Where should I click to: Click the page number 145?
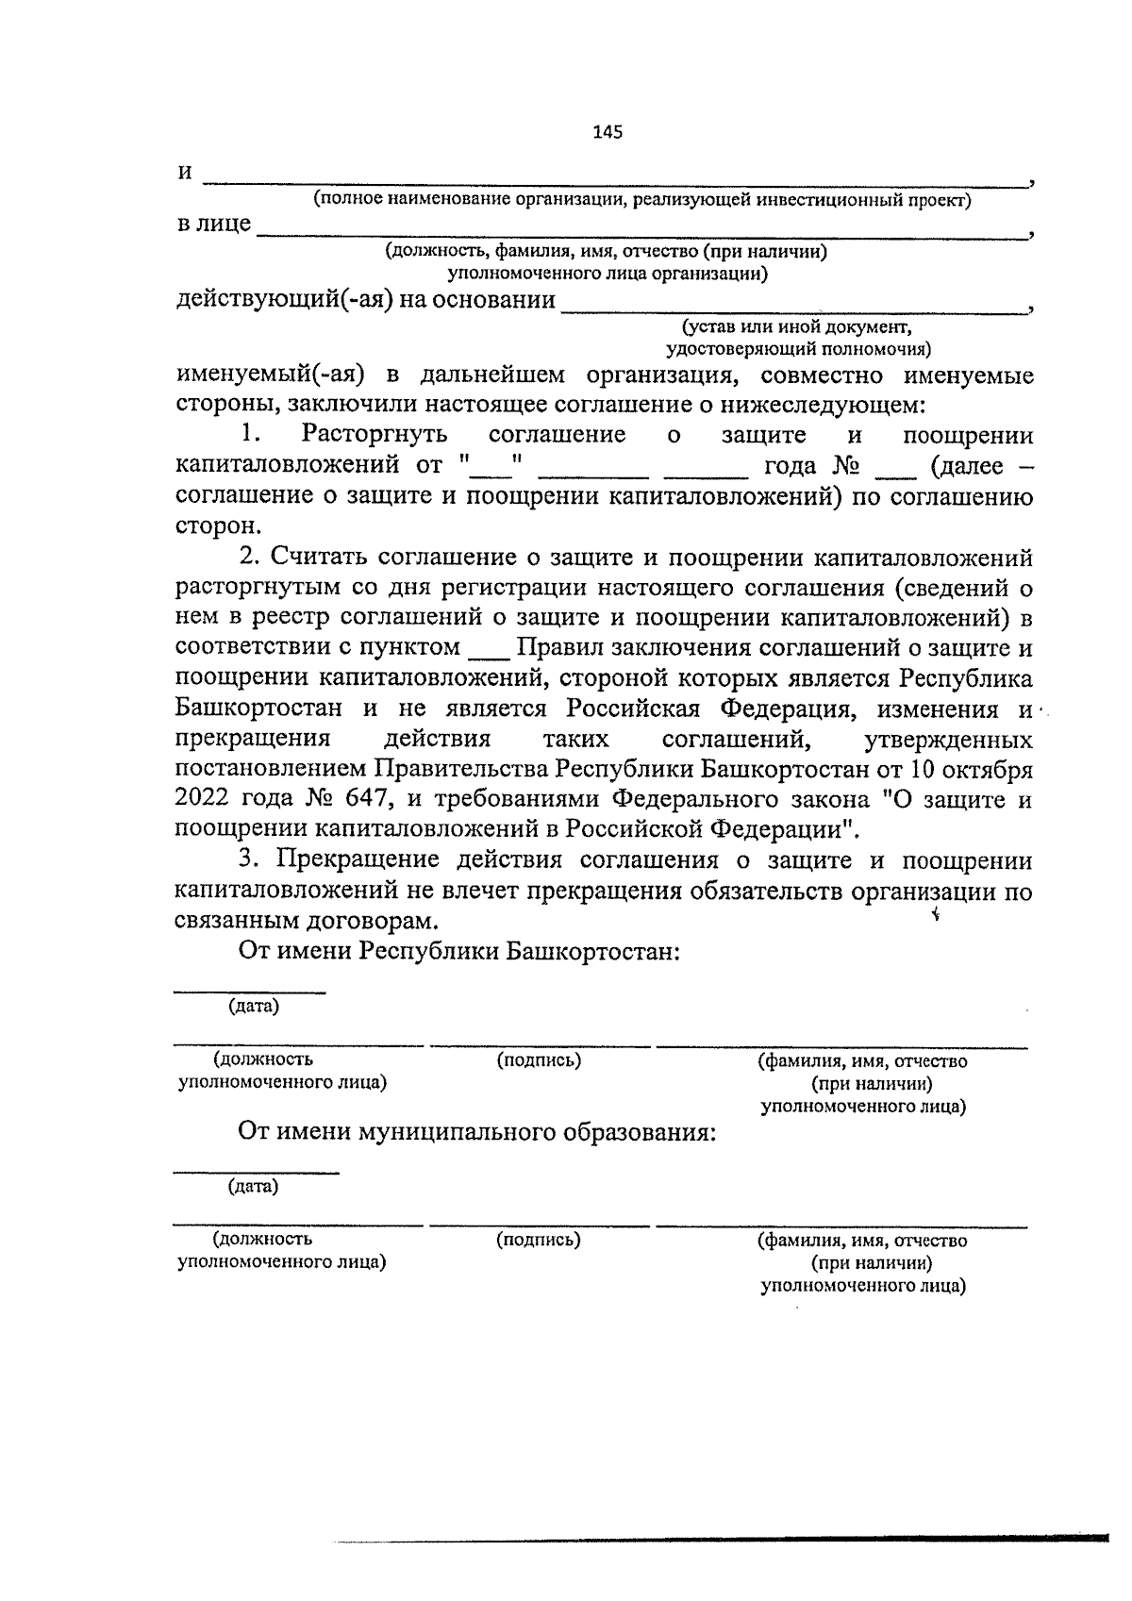pos(608,132)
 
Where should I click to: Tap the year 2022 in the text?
pos(202,799)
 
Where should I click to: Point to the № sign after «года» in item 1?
pos(841,466)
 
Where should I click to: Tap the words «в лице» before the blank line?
pos(214,224)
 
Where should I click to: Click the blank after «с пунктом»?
pos(488,650)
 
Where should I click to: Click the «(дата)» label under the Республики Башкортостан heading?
pos(254,1006)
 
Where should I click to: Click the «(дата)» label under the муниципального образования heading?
pos(254,1186)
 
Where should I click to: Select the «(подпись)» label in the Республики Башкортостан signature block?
pos(539,1060)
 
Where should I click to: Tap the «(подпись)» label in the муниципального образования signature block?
pos(539,1240)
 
